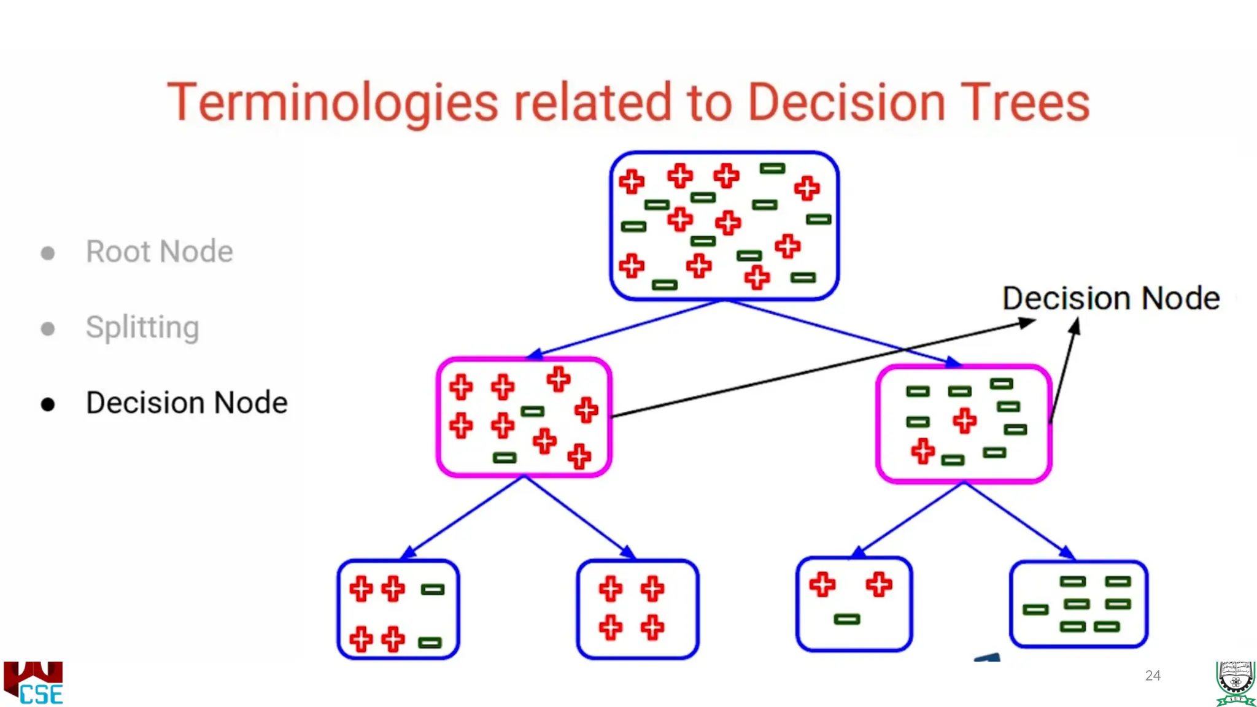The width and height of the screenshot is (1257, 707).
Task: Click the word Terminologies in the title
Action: [x=332, y=102]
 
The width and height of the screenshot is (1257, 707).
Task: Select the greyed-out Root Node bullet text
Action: [x=160, y=252]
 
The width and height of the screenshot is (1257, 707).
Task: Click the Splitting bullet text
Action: [x=142, y=327]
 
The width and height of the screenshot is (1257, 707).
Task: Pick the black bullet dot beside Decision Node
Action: [x=48, y=404]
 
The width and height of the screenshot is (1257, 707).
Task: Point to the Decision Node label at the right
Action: [x=1111, y=299]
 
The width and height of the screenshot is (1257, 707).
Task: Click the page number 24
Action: [x=1153, y=676]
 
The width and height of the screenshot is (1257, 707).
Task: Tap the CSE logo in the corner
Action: [x=34, y=683]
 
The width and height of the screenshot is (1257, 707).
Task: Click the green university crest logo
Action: [x=1235, y=683]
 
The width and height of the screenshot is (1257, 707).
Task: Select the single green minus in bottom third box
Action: [x=847, y=619]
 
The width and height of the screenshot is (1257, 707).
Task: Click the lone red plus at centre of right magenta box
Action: [x=964, y=421]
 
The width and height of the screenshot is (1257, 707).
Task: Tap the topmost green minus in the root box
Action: [x=772, y=168]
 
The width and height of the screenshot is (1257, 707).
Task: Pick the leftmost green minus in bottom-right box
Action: [x=1035, y=609]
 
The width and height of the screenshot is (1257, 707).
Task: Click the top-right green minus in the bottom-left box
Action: [x=433, y=590]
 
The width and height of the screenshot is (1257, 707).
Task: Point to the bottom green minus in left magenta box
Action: [x=505, y=458]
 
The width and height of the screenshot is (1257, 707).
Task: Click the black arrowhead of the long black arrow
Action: [x=1027, y=322]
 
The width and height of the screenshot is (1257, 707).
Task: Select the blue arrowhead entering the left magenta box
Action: [x=534, y=354]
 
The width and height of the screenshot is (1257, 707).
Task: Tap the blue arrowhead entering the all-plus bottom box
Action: [x=628, y=552]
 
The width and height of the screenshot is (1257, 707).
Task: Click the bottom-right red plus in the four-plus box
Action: [x=652, y=627]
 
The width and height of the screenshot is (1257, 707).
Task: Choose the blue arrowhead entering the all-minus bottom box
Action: [x=1068, y=552]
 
